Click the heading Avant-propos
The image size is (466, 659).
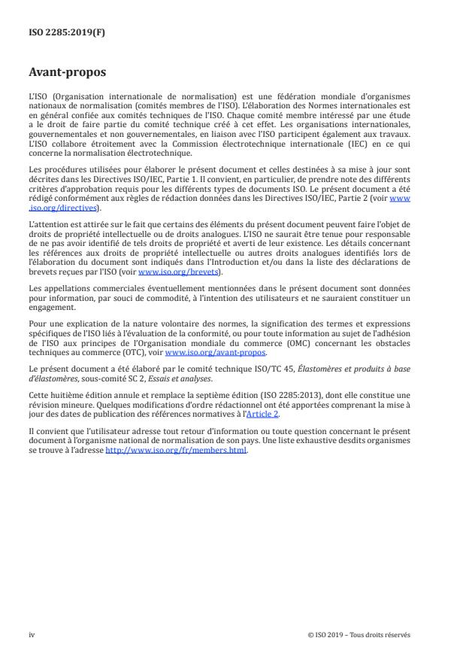pos(68,74)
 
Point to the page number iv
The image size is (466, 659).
pos(32,634)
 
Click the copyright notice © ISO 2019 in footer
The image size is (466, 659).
pos(359,634)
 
